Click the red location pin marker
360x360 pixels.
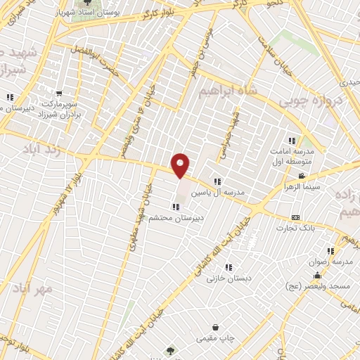point(181,165)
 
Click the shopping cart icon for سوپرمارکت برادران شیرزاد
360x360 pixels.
point(60,93)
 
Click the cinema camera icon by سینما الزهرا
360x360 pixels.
point(302,176)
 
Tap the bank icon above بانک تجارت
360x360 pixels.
point(296,217)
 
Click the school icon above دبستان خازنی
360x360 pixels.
point(228,266)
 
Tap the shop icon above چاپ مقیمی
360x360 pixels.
point(224,328)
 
